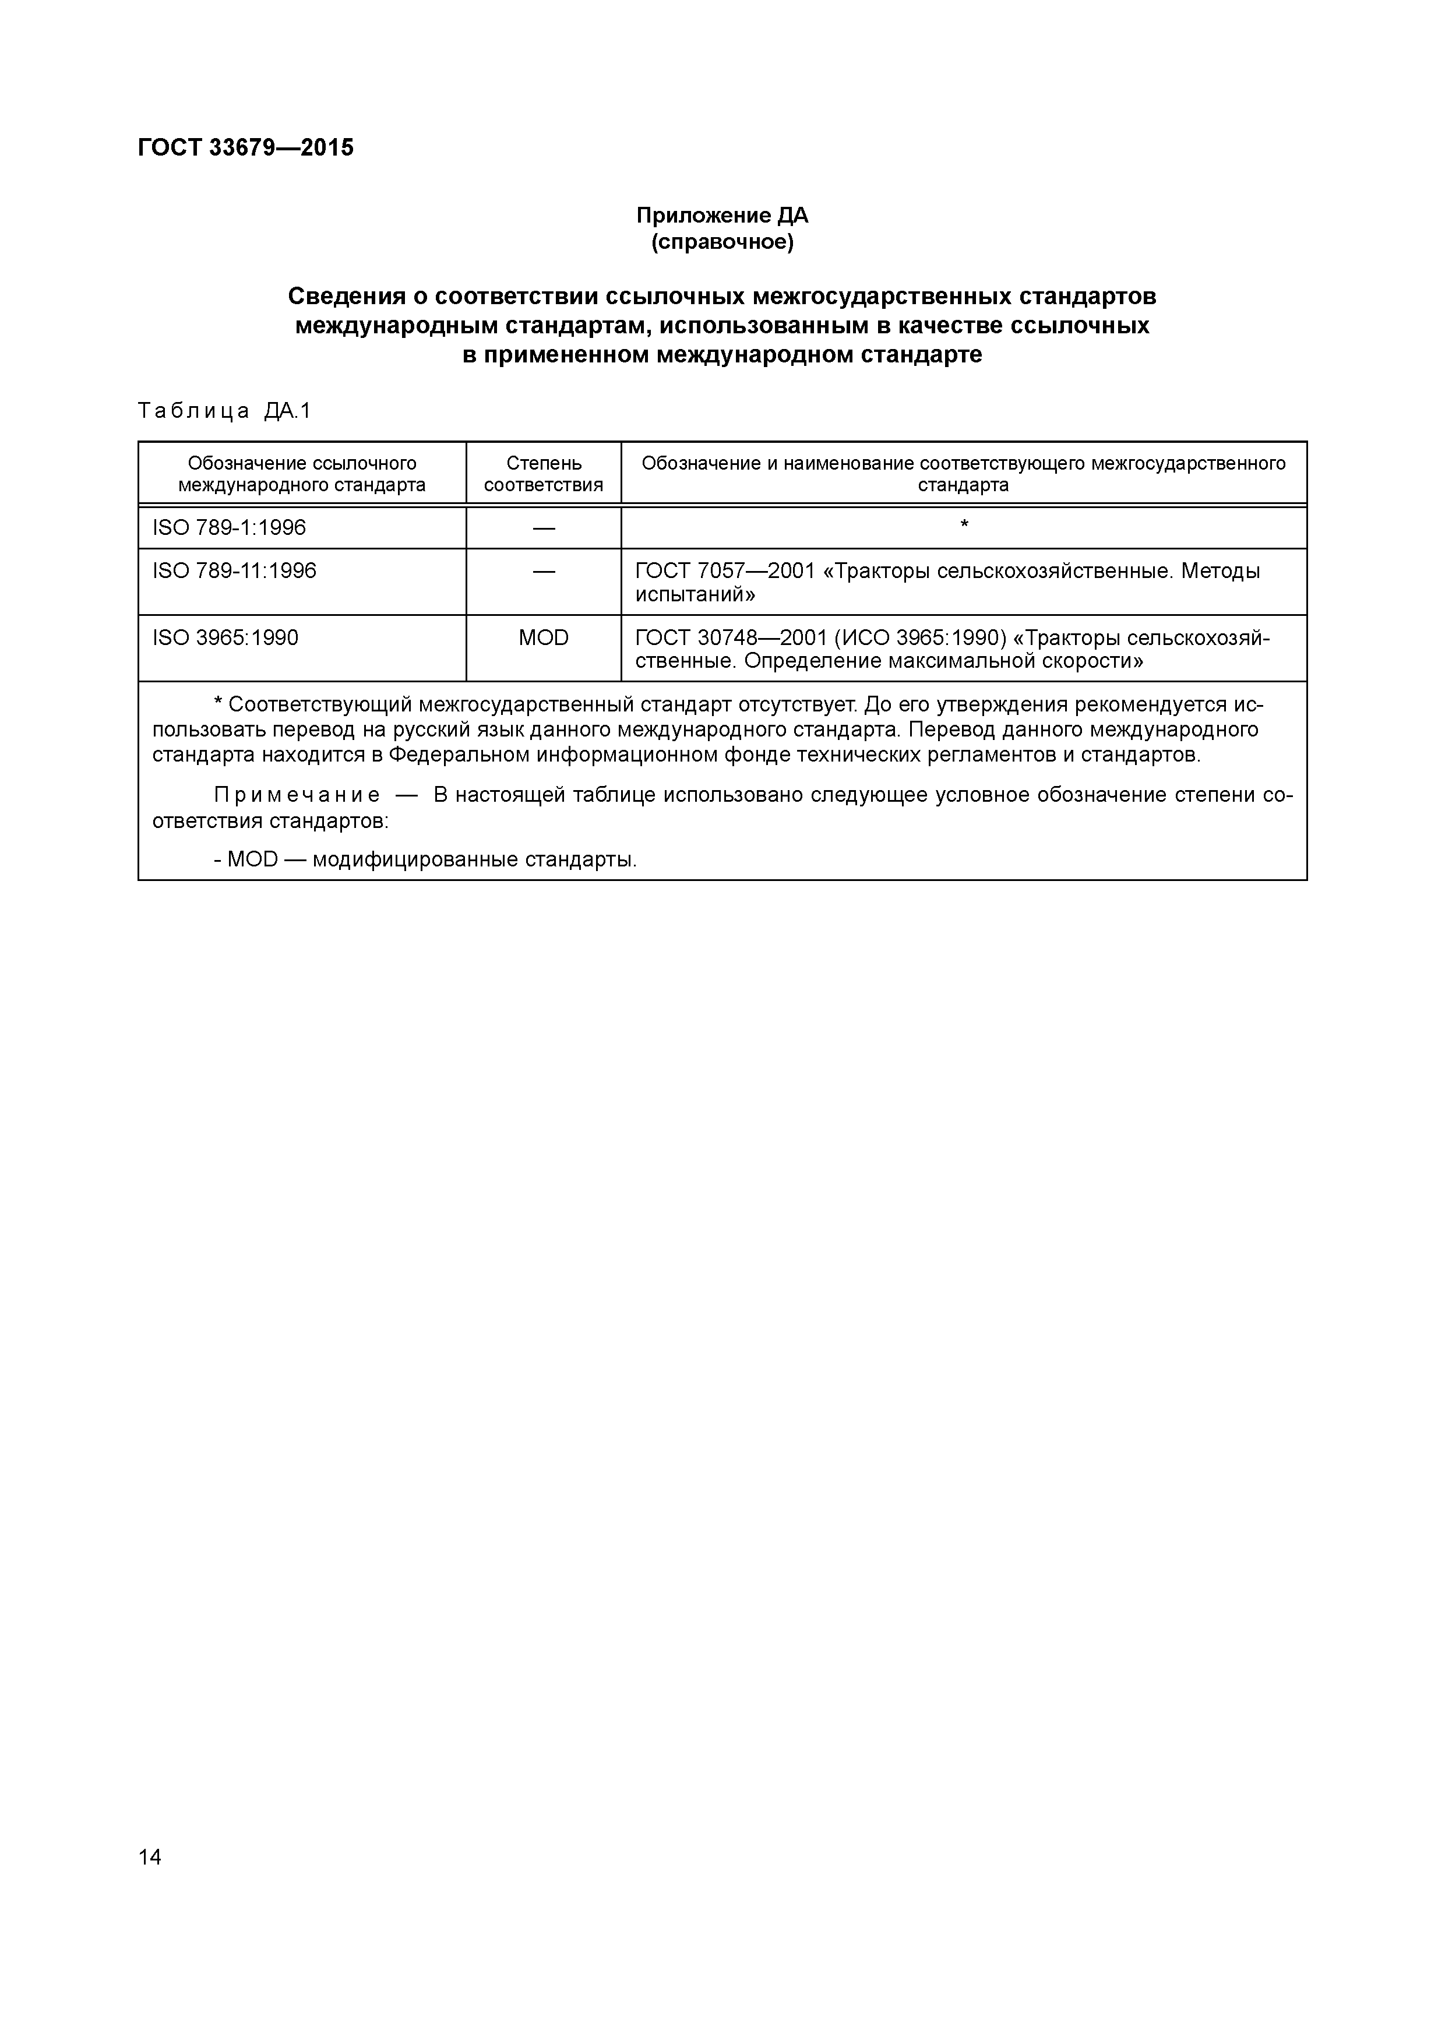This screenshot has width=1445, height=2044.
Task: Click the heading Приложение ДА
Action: coord(721,216)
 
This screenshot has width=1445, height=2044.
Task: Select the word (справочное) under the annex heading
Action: coord(721,242)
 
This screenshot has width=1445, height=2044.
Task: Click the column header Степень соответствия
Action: coord(543,474)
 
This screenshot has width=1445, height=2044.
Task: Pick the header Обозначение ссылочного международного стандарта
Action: coord(302,474)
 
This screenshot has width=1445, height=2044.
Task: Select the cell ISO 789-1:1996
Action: coord(229,528)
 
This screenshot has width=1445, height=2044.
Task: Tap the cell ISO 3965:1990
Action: coord(225,637)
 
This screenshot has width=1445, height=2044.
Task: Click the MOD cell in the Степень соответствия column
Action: coord(543,637)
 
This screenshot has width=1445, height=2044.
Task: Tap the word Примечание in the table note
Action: coord(297,795)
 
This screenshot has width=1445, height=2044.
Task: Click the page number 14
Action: coord(150,1856)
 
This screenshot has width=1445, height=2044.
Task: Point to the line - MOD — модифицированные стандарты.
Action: coord(425,860)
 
